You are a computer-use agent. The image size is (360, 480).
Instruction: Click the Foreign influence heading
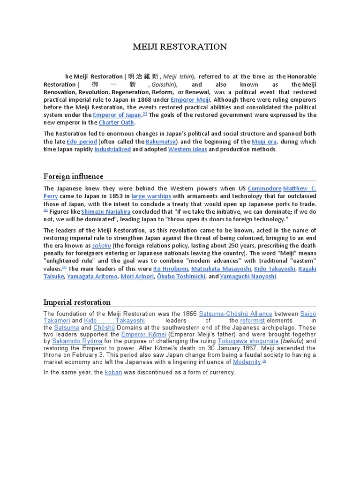73,176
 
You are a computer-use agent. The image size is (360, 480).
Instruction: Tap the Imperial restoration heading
77,302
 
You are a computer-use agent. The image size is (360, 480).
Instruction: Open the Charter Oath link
116,123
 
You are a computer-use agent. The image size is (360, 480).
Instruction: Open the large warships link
151,196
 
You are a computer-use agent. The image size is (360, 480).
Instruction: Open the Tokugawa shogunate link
248,341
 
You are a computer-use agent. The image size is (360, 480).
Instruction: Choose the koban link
113,372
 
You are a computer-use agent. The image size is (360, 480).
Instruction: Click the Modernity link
247,362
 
